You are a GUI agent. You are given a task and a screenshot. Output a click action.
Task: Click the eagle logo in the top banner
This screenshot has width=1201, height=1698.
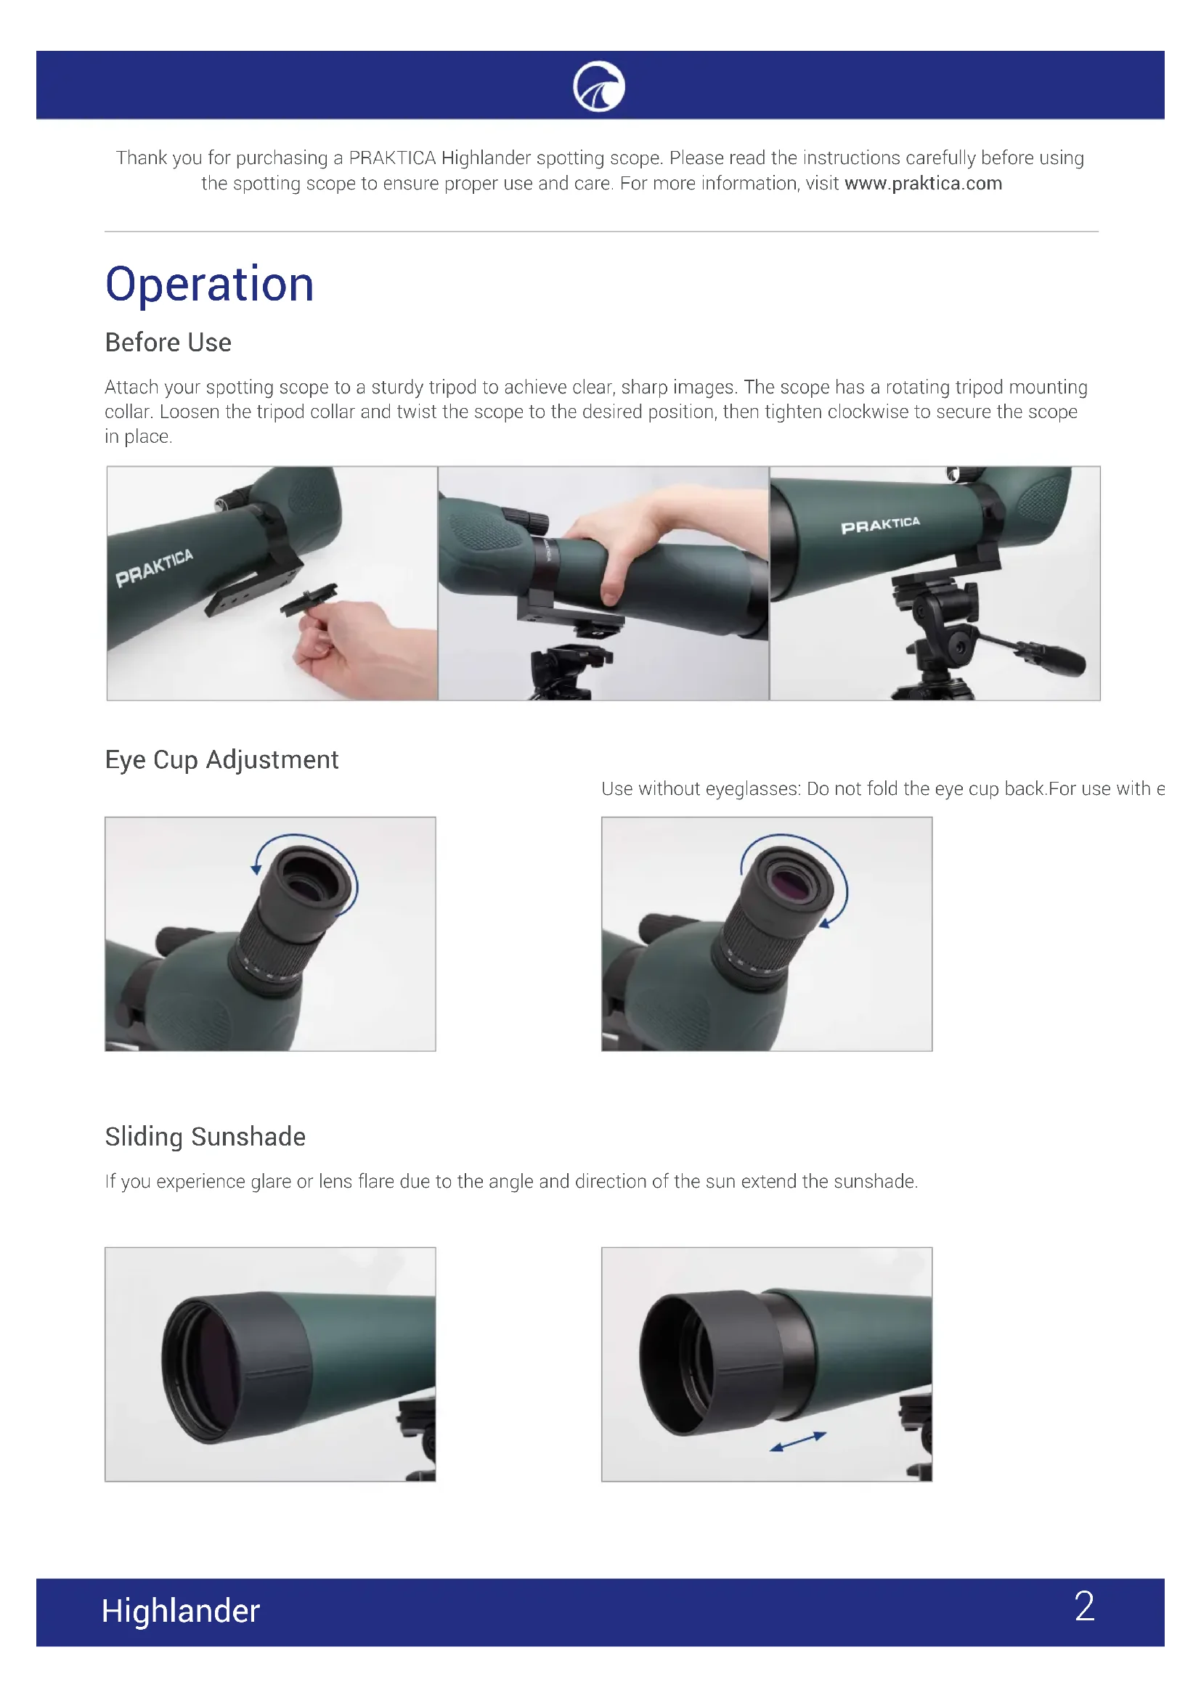(598, 86)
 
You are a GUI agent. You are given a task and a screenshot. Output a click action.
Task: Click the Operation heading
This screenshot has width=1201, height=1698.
(209, 285)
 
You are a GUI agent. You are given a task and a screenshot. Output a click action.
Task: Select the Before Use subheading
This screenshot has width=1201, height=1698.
(168, 343)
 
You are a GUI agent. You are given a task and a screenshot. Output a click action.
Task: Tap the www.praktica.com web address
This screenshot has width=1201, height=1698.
(923, 183)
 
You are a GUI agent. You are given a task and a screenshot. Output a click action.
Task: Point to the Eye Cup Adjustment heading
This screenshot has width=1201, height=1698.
(222, 760)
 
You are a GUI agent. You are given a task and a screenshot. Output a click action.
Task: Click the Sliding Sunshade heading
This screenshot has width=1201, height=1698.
(205, 1137)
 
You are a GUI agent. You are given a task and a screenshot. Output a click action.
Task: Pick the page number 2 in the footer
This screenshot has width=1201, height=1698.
(1084, 1607)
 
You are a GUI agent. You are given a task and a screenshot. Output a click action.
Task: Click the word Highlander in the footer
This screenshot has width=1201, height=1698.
(181, 1611)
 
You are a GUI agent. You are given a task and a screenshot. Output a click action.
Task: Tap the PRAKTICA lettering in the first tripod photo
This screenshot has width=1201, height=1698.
(154, 567)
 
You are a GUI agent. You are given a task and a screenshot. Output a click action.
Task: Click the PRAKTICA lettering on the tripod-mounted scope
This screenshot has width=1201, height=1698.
(880, 525)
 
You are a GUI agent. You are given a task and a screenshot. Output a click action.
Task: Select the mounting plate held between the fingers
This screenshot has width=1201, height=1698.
(309, 599)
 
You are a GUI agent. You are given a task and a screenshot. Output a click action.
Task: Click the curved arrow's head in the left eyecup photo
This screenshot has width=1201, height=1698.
(256, 868)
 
